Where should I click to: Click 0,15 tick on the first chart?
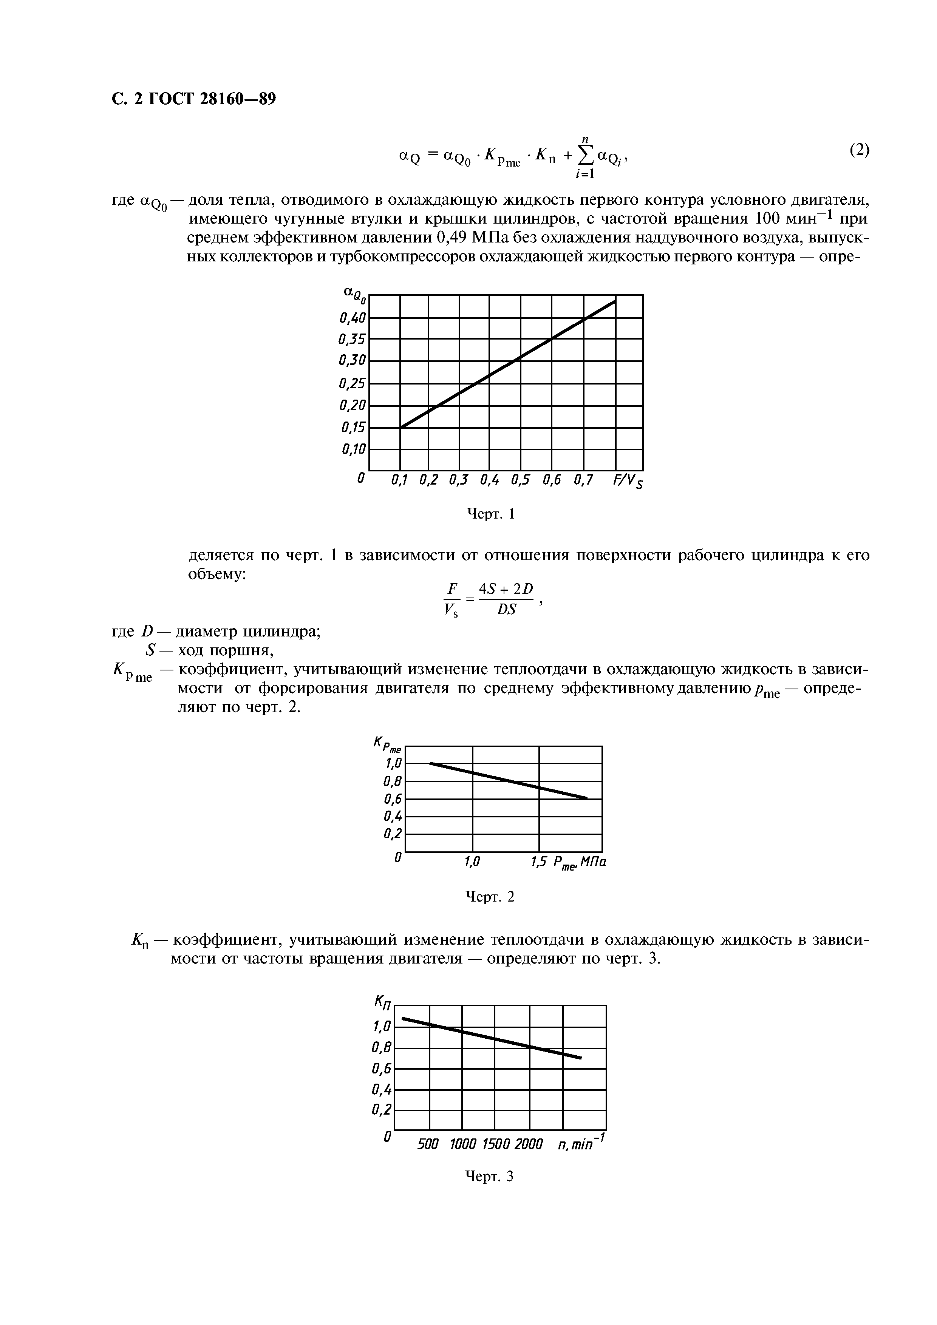pyautogui.click(x=353, y=428)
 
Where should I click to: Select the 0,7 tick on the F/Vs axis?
pyautogui.click(x=583, y=480)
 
